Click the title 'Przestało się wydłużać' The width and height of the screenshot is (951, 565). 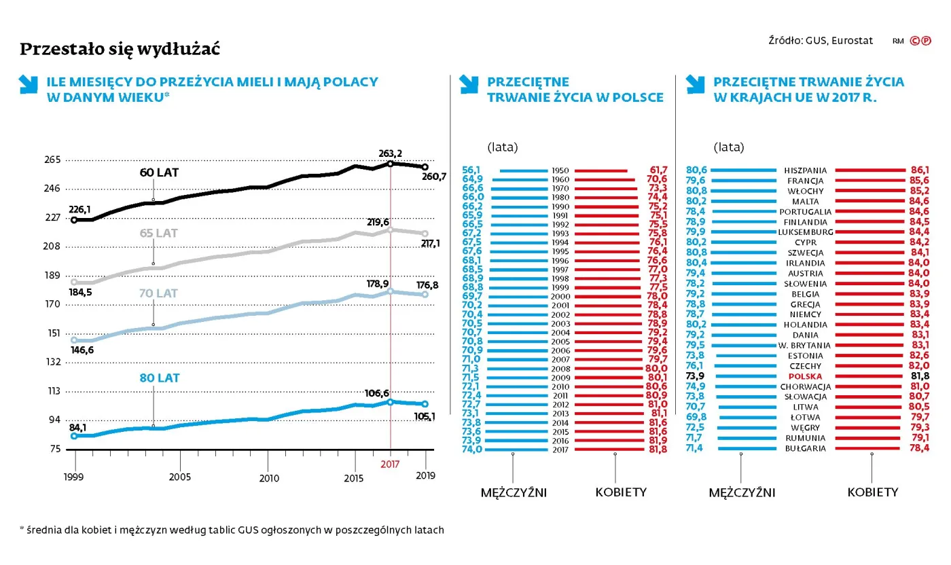click(120, 50)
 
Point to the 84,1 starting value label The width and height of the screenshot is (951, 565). click(82, 427)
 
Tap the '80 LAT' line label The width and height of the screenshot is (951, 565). click(160, 378)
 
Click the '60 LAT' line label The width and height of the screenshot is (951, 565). click(159, 172)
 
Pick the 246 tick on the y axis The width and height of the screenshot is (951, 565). click(52, 189)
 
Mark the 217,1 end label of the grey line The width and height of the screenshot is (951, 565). click(429, 243)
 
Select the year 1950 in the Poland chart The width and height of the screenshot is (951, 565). click(561, 170)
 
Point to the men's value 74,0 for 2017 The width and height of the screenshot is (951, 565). click(471, 449)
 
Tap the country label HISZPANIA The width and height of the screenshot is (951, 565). click(805, 170)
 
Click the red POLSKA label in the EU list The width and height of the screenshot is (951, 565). click(805, 376)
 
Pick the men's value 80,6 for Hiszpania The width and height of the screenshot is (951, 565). click(697, 170)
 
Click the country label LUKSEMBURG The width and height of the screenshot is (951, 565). click(806, 232)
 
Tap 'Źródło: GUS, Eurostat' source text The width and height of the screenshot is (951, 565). click(820, 41)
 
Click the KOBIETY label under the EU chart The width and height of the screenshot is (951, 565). click(872, 492)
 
